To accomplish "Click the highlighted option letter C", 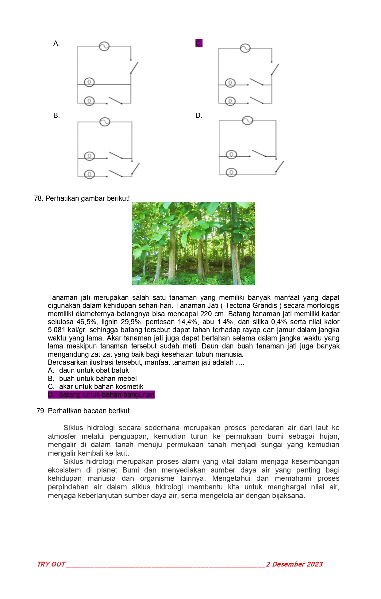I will [x=199, y=43].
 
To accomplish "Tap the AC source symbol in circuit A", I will [x=104, y=46].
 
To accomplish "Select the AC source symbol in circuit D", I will [x=247, y=120].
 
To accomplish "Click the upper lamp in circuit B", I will [x=89, y=156].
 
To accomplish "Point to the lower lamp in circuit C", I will [x=230, y=101].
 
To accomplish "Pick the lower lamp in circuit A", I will [x=89, y=101].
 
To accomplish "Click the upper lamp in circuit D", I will [x=231, y=154].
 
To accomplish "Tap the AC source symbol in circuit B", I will [x=105, y=122].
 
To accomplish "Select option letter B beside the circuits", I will [x=56, y=116].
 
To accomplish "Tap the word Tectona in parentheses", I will [x=237, y=306].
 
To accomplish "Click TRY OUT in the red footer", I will [x=51, y=564].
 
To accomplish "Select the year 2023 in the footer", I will [x=314, y=564].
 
